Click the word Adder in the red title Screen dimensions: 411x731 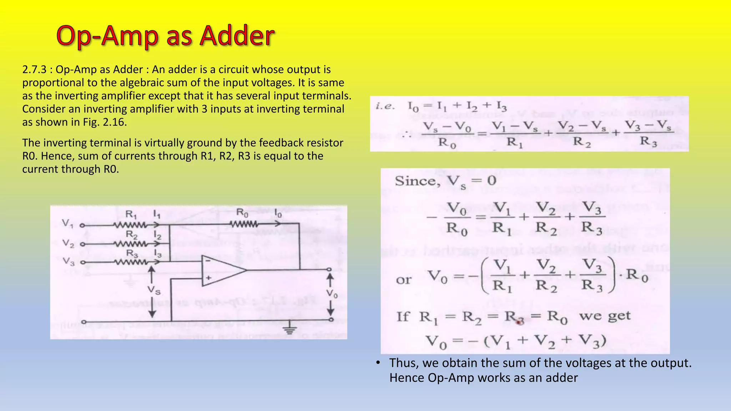coord(237,36)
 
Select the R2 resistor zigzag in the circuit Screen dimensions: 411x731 coord(130,244)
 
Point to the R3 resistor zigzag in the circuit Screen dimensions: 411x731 coord(130,263)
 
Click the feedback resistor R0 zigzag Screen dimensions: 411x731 coord(244,224)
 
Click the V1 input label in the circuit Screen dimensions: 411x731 coord(67,224)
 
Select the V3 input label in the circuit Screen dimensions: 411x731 coord(69,262)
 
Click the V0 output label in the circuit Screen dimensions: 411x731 coord(332,294)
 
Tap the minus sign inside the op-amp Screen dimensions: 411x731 coord(208,261)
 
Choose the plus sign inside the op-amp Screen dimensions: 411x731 coord(208,278)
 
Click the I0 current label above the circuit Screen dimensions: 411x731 coord(278,214)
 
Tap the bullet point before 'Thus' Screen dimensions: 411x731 coord(378,363)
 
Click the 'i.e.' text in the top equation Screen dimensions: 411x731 coord(385,106)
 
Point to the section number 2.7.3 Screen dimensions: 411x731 coord(34,70)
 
